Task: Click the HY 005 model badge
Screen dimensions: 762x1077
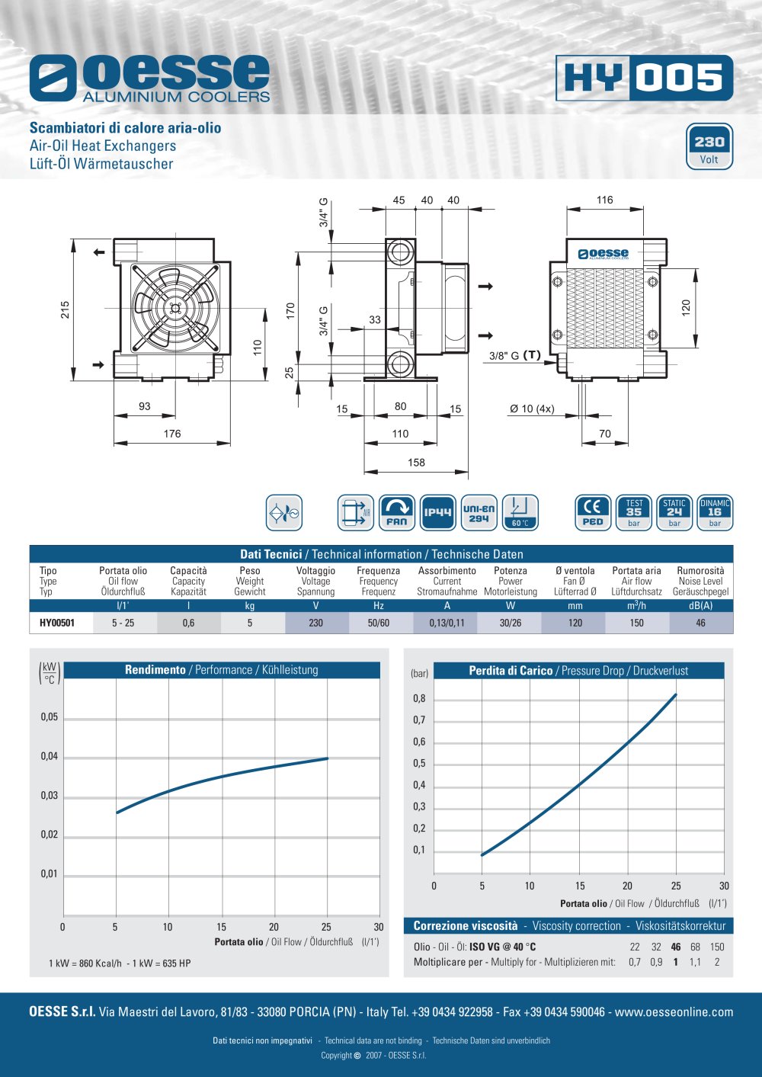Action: (644, 78)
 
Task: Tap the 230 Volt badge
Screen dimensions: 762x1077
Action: (709, 146)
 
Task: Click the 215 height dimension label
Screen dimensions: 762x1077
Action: (66, 309)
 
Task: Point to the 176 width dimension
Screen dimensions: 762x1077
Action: (172, 434)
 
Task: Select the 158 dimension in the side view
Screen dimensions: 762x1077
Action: (416, 463)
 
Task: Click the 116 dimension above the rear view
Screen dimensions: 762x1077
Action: (605, 200)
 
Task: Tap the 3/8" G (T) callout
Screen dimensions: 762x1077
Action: (515, 355)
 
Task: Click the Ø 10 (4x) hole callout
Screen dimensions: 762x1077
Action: (532, 409)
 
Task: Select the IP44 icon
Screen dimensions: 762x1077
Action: (437, 512)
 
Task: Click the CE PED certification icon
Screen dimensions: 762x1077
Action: (593, 512)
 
